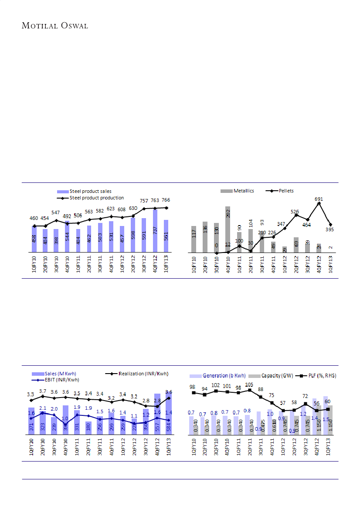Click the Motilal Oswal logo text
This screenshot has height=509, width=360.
tap(55, 26)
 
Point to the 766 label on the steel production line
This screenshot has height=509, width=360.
tap(166, 200)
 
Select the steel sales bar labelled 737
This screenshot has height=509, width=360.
tap(155, 231)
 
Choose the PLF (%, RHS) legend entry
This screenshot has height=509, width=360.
tap(320, 375)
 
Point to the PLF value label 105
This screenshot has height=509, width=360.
tap(249, 385)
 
